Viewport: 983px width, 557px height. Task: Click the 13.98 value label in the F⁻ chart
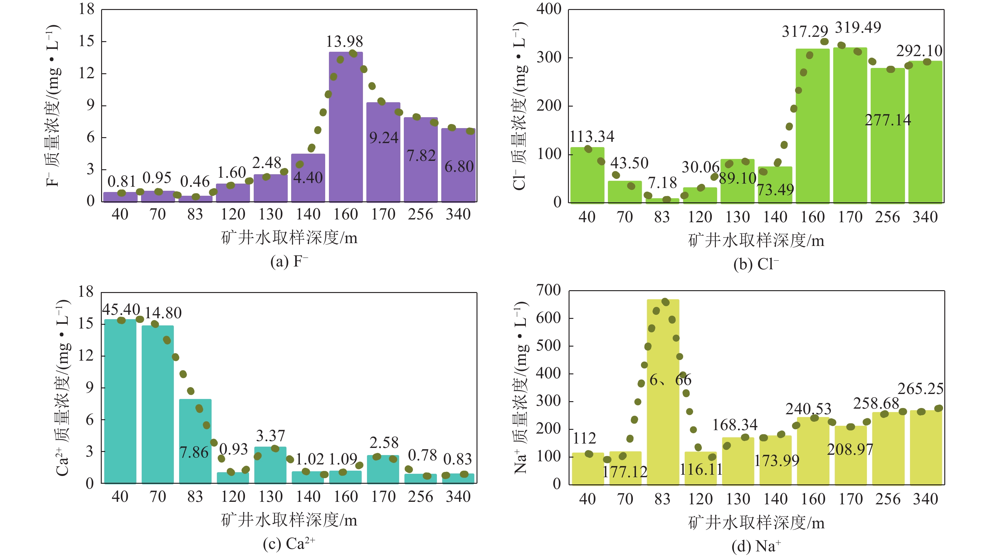344,41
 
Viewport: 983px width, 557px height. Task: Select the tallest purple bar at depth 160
346,126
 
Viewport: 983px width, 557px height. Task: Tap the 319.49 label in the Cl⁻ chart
858,27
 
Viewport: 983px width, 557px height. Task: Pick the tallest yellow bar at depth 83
663,392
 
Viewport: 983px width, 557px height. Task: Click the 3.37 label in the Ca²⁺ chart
270,436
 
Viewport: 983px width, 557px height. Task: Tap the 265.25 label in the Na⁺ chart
920,389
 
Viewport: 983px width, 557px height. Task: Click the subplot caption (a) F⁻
289,262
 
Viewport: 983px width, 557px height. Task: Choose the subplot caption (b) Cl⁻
756,264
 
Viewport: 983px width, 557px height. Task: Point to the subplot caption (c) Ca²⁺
289,544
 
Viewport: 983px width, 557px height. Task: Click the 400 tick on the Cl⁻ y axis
548,9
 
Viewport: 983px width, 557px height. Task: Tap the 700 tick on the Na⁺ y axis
548,290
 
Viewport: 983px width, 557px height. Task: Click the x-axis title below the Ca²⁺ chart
289,520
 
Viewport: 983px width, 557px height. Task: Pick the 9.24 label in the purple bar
384,138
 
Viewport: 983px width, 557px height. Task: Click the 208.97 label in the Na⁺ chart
850,449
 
